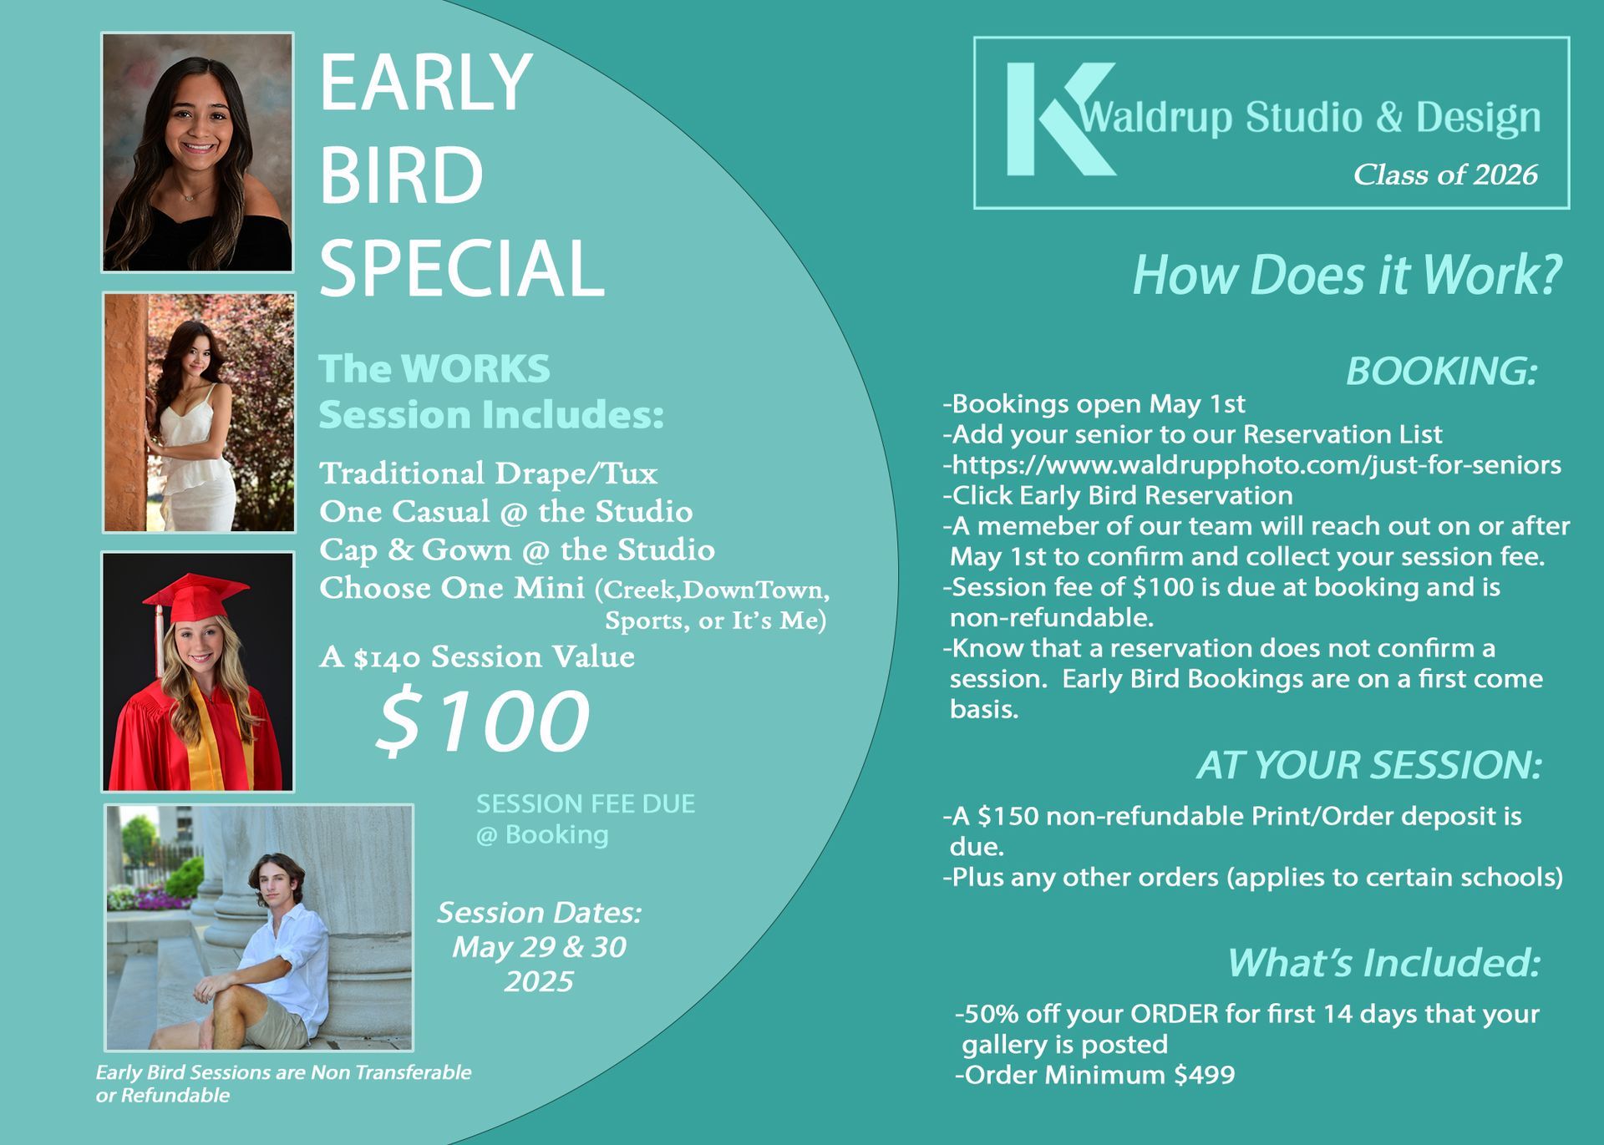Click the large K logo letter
pos(1054,119)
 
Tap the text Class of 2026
pos(1445,175)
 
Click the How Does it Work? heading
pos(1347,275)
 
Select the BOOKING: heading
pos(1442,371)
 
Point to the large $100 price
pos(483,719)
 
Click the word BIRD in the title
pos(401,175)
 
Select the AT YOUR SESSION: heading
pos(1369,765)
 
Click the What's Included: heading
pos(1383,962)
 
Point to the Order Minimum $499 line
pos(1095,1074)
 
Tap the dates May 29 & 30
pos(539,947)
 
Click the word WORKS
pos(475,368)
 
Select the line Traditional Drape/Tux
pos(489,474)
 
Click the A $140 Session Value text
pos(477,657)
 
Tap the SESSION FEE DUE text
pos(586,803)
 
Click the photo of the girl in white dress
pos(199,413)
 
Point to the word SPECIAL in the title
pos(462,268)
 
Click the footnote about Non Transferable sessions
pos(283,1083)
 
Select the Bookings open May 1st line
pos(1094,404)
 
